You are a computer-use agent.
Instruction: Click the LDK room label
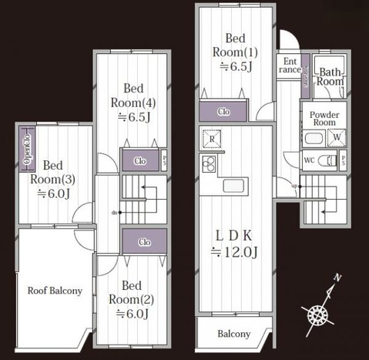coord(234,242)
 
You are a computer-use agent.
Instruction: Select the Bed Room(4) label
coord(136,103)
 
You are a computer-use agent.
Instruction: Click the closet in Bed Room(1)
coord(223,110)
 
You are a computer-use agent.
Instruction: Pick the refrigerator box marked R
coord(210,140)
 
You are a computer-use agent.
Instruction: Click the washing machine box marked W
coord(336,139)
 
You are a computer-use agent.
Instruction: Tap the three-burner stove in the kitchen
coord(209,163)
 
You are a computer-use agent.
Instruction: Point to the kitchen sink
coord(233,187)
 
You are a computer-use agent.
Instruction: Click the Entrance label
coord(290,65)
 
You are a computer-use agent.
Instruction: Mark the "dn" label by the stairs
coord(114,212)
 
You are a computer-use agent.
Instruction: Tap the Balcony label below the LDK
coord(233,334)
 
